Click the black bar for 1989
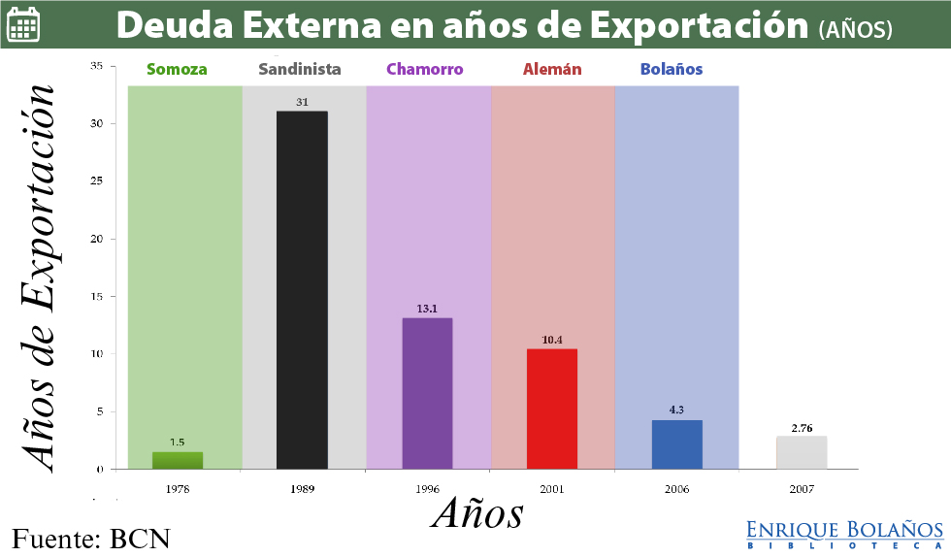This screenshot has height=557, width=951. [302, 290]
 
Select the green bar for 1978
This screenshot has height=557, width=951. [178, 461]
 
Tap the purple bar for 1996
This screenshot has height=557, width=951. [427, 393]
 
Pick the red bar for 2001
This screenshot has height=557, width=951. [552, 409]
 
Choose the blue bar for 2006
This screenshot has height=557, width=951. [676, 444]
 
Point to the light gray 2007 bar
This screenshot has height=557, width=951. [802, 453]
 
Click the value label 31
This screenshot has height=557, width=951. [302, 102]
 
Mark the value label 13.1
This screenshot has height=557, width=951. [427, 309]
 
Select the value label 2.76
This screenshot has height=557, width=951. [802, 427]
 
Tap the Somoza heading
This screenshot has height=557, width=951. [177, 70]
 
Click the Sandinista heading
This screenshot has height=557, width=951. [301, 70]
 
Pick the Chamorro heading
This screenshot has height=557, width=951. [425, 70]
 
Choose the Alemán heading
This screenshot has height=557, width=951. [552, 70]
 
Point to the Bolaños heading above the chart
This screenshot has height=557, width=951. [672, 70]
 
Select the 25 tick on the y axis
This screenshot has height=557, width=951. [97, 181]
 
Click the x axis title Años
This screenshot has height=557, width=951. [477, 512]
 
